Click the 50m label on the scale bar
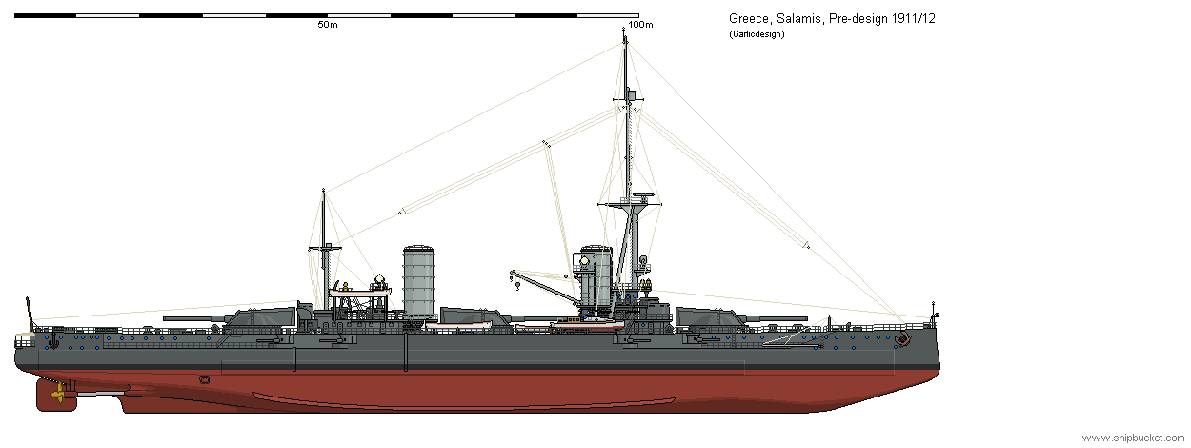click(x=328, y=25)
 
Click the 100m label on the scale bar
click(x=640, y=25)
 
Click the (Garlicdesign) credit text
click(x=757, y=34)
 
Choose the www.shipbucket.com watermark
click(x=1133, y=438)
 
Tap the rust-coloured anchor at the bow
click(x=901, y=338)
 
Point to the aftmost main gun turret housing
click(x=263, y=316)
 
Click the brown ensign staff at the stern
click(x=30, y=312)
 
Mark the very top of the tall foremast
click(x=624, y=29)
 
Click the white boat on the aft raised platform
click(x=360, y=292)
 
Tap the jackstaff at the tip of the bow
click(x=933, y=312)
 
